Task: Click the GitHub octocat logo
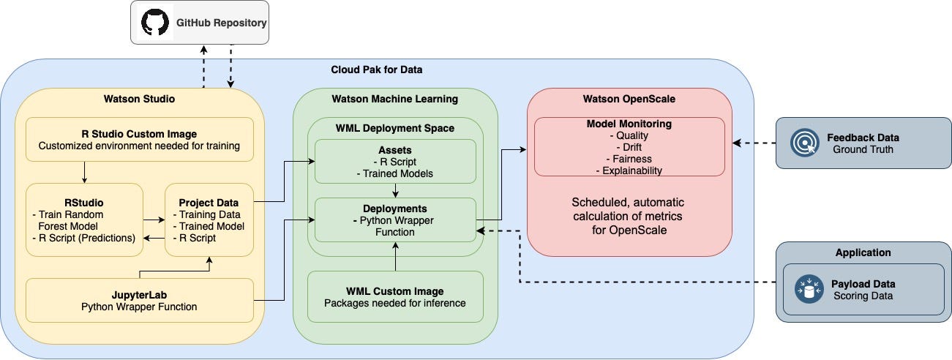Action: point(154,23)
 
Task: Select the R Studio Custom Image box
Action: point(140,139)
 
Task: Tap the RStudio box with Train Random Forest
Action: point(85,220)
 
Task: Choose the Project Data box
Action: point(209,220)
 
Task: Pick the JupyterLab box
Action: point(140,300)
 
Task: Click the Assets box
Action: point(395,161)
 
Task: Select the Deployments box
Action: point(395,220)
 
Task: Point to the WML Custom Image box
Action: point(395,296)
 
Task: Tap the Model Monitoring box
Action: point(629,147)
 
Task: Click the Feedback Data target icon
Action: point(805,143)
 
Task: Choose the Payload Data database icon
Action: point(809,290)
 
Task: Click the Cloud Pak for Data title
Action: point(376,70)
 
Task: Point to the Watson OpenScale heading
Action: point(629,99)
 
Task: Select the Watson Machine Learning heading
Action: point(395,99)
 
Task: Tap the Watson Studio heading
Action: point(140,99)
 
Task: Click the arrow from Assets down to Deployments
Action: point(395,190)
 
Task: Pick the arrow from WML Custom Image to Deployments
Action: point(395,256)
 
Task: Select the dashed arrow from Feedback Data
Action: point(754,143)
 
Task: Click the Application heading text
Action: point(863,252)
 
